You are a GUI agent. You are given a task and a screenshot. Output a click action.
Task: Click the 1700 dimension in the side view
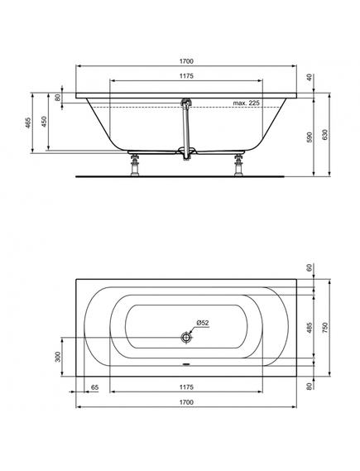coord(186,61)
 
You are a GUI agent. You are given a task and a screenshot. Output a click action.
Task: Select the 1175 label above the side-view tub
coord(186,76)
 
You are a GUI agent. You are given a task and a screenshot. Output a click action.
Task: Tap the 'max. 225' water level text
coord(246,103)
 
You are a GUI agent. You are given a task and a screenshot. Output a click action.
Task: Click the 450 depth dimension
coord(44,122)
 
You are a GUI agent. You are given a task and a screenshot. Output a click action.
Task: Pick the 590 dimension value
coord(310,137)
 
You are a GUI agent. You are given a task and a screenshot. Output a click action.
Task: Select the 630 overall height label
coord(326,134)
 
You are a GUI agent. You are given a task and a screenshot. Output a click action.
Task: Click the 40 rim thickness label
coord(310,78)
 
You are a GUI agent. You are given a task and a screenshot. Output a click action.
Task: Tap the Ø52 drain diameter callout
coord(203,323)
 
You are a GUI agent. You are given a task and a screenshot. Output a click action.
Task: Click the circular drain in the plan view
coord(186,338)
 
